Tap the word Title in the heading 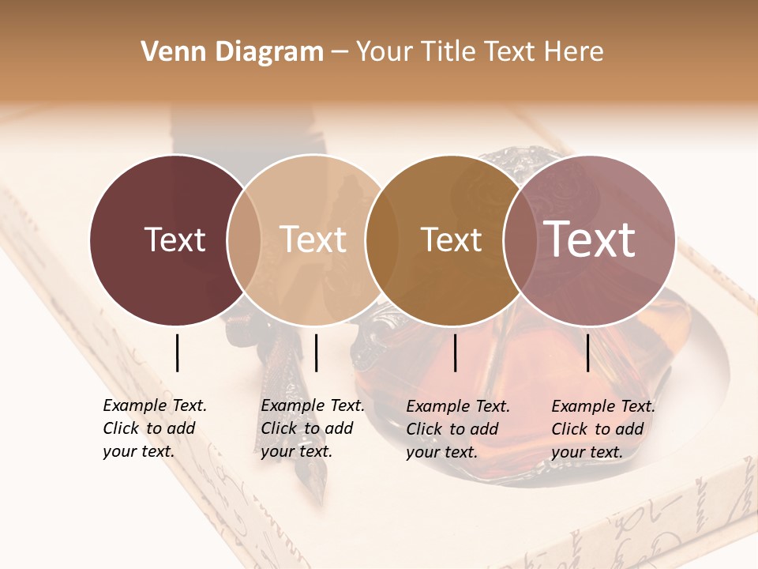pyautogui.click(x=449, y=52)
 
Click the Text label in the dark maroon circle pyautogui.click(x=174, y=240)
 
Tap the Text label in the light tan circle pyautogui.click(x=313, y=240)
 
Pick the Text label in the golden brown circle pyautogui.click(x=451, y=240)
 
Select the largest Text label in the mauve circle pyautogui.click(x=589, y=239)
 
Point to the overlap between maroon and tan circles pyautogui.click(x=244, y=240)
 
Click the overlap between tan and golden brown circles pyautogui.click(x=381, y=240)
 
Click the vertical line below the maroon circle pyautogui.click(x=177, y=352)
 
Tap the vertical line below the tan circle pyautogui.click(x=316, y=352)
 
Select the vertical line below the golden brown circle pyautogui.click(x=456, y=352)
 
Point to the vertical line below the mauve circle pyautogui.click(x=587, y=352)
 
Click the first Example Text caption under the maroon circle pyautogui.click(x=154, y=428)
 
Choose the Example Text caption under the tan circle pyautogui.click(x=312, y=428)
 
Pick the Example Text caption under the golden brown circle pyautogui.click(x=457, y=429)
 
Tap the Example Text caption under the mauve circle pyautogui.click(x=602, y=429)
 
